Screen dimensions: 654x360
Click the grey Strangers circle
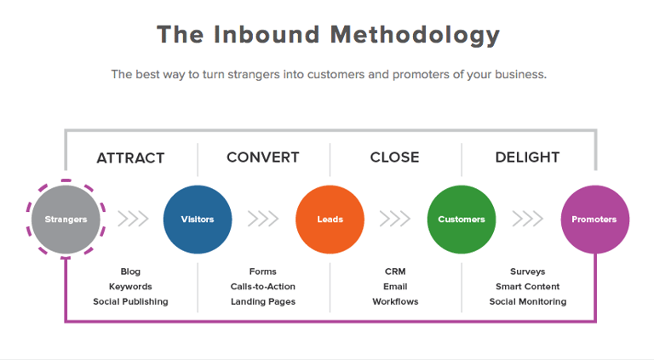[x=66, y=220]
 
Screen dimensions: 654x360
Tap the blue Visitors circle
[x=198, y=220]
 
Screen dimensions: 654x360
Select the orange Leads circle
[x=330, y=220]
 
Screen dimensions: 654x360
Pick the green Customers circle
[x=462, y=220]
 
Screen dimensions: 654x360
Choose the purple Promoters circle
[x=594, y=220]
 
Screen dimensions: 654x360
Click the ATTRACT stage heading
[x=130, y=158]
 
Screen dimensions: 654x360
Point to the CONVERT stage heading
[x=263, y=157]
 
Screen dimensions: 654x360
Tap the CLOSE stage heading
[x=394, y=157]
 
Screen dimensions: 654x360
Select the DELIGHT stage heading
[x=527, y=157]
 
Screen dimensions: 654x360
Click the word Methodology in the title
[x=415, y=35]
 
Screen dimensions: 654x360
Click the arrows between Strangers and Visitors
[x=133, y=219]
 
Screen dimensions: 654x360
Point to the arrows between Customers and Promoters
[x=528, y=219]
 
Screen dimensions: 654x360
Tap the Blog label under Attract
[x=130, y=271]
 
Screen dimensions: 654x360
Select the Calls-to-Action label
[x=263, y=287]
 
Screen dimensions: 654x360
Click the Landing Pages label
[x=263, y=301]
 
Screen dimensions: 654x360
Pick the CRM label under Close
[x=395, y=271]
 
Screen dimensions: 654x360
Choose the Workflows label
[x=395, y=301]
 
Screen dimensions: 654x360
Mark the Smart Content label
[x=528, y=287]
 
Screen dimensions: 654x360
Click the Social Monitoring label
[x=528, y=301]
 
